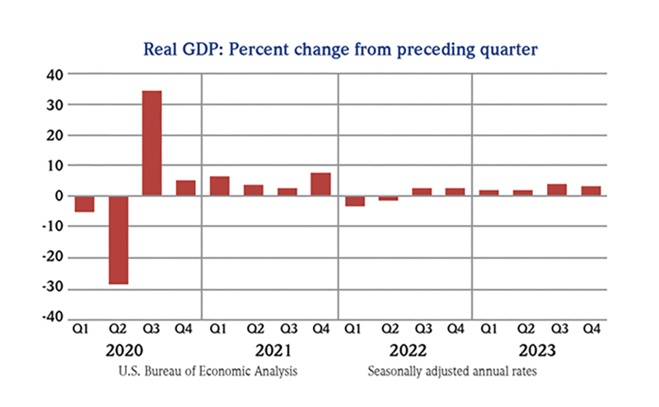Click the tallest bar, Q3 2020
(x=152, y=143)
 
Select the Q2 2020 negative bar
(x=118, y=240)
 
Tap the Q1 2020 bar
(x=84, y=203)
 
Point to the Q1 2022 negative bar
(x=354, y=200)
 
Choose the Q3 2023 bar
(x=557, y=189)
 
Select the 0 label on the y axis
(x=57, y=196)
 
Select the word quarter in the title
(x=509, y=50)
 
